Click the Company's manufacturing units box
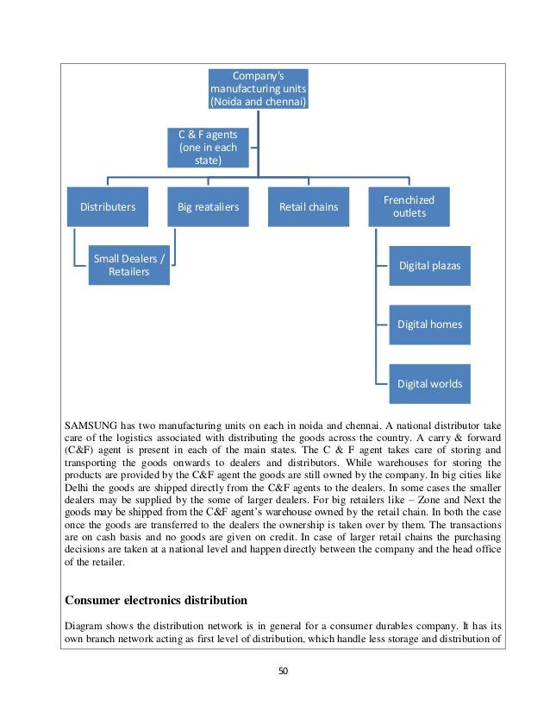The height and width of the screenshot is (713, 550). [x=258, y=89]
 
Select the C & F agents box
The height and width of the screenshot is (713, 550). [x=208, y=147]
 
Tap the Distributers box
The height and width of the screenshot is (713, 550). [x=108, y=207]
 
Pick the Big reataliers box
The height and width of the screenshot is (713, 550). [x=208, y=207]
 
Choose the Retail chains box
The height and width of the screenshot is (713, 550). [x=308, y=207]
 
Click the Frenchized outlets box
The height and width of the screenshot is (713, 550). [x=409, y=206]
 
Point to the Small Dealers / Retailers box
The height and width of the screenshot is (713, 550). [x=128, y=265]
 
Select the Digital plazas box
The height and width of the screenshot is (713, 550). [x=429, y=265]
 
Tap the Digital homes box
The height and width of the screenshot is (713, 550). [x=429, y=325]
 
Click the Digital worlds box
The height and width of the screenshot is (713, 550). [x=429, y=383]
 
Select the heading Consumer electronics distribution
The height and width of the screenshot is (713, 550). [x=156, y=600]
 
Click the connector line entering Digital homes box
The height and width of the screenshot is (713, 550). [x=383, y=325]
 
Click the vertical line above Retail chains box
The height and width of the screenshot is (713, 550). [x=308, y=181]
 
